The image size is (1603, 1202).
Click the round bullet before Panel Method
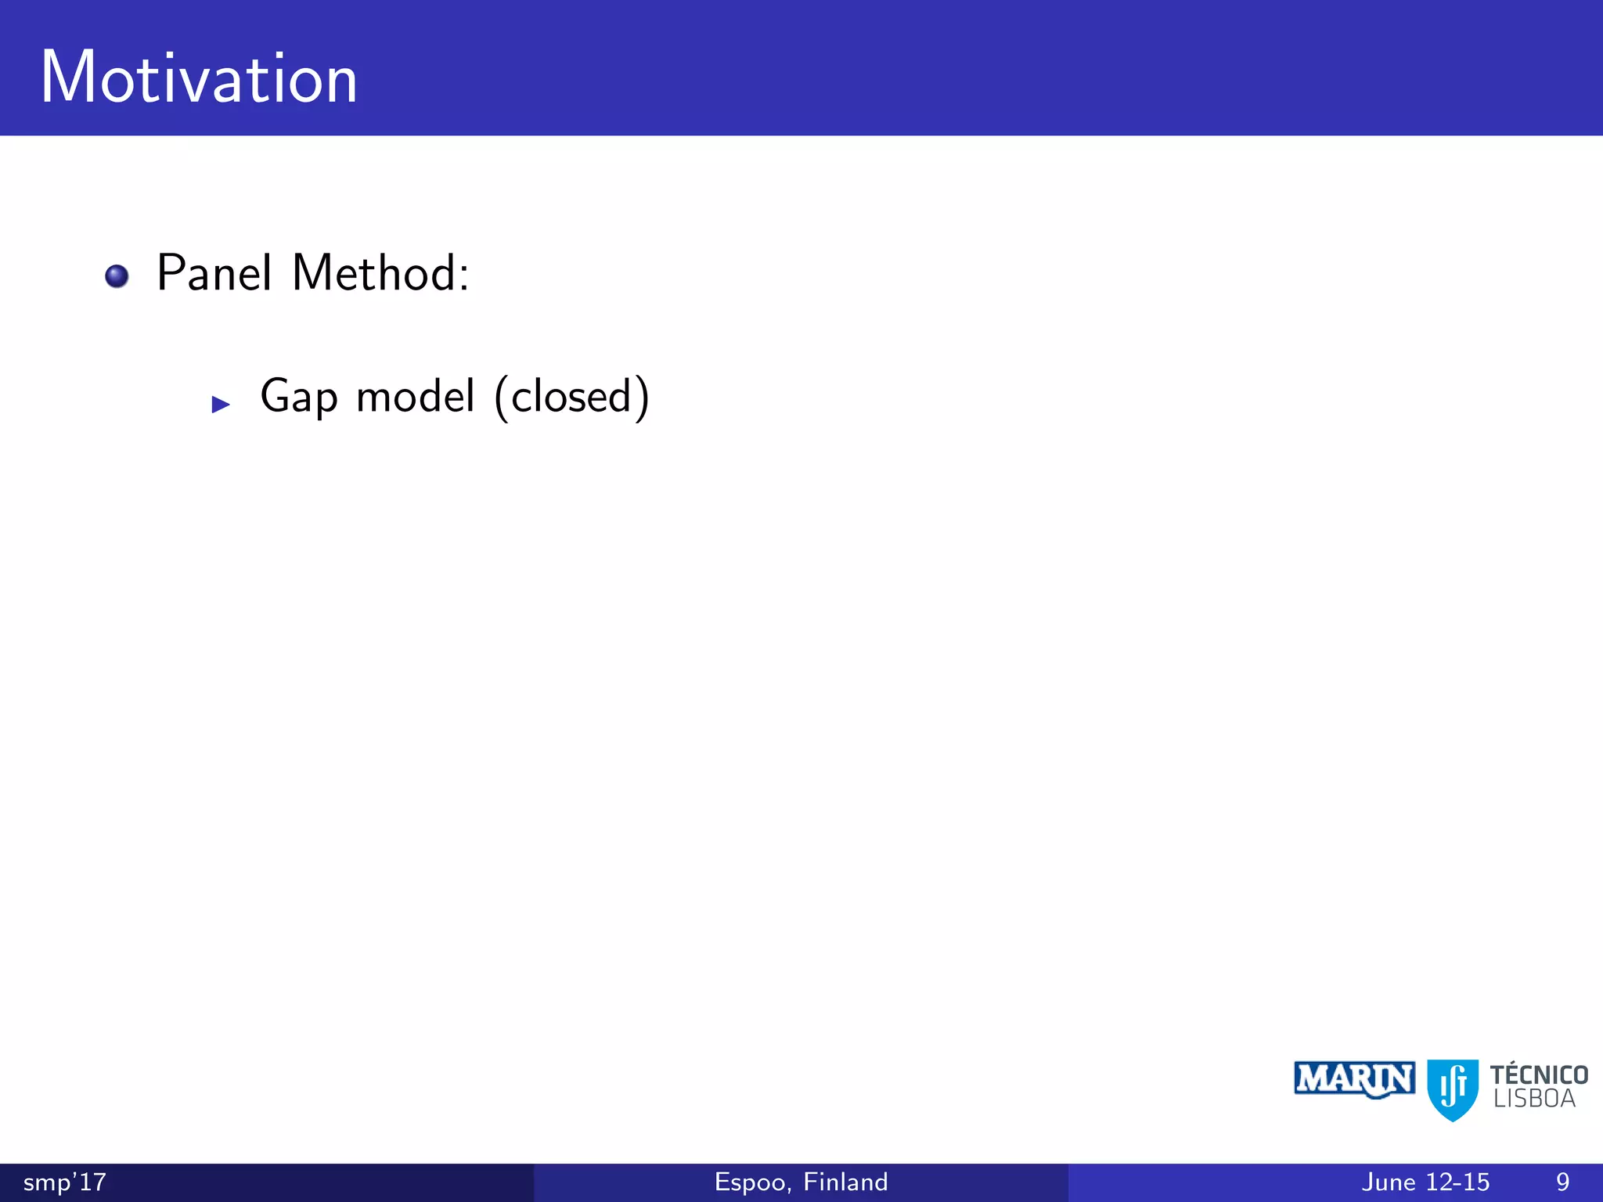click(117, 276)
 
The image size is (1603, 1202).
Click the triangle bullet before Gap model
click(221, 405)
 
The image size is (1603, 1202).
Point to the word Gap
click(299, 397)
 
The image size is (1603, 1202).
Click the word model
click(416, 396)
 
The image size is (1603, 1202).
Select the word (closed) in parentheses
click(572, 397)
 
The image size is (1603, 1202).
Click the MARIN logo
click(1354, 1080)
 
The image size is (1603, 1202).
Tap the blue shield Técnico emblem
click(1453, 1089)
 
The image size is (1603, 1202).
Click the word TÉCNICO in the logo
click(1539, 1074)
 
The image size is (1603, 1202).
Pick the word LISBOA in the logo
click(1534, 1099)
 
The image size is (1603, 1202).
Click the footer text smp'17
click(64, 1182)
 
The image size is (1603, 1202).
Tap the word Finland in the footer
click(845, 1182)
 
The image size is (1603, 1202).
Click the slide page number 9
click(1562, 1182)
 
